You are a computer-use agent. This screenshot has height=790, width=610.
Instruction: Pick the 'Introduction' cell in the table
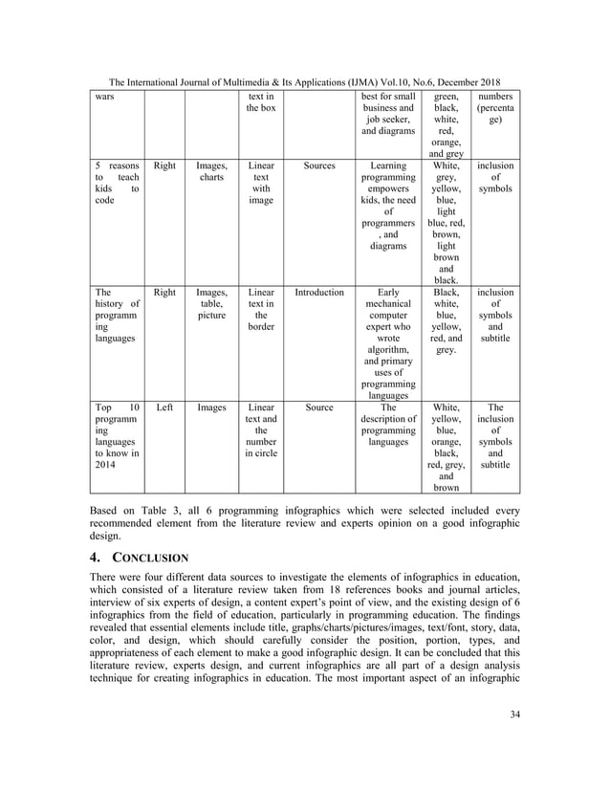coord(318,293)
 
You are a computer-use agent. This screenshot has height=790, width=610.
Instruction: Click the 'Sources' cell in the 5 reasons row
coord(318,165)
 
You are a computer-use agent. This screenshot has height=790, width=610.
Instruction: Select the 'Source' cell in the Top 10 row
coord(318,407)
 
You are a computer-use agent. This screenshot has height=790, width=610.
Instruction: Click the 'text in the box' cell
coord(260,102)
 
